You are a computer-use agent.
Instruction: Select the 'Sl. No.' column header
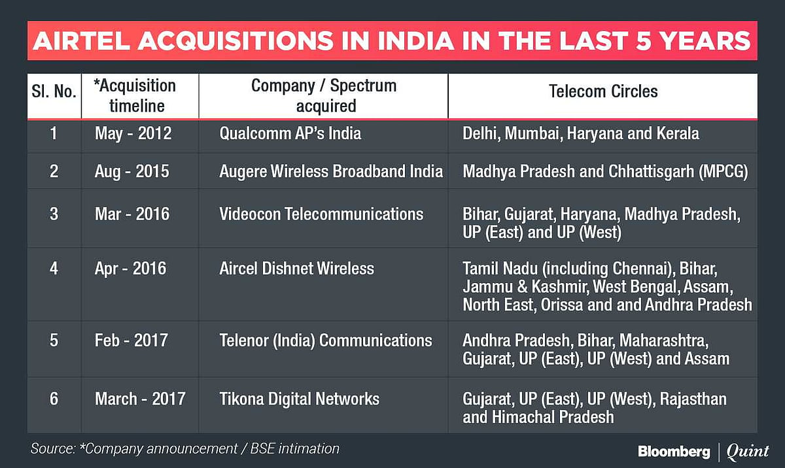pyautogui.click(x=54, y=92)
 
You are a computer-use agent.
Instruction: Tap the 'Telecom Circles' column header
pyautogui.click(x=603, y=91)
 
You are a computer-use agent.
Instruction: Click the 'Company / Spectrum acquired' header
pyautogui.click(x=324, y=95)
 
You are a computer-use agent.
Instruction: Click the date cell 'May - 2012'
pyautogui.click(x=133, y=133)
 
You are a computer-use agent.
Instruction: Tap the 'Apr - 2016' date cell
pyautogui.click(x=130, y=268)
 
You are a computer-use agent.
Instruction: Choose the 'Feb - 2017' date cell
pyautogui.click(x=131, y=340)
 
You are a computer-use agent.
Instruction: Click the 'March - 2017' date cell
pyautogui.click(x=139, y=398)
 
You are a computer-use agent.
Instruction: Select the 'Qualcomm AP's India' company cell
pyautogui.click(x=290, y=133)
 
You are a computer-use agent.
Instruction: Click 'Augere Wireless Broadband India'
pyautogui.click(x=331, y=171)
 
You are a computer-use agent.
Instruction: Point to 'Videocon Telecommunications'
pyautogui.click(x=321, y=214)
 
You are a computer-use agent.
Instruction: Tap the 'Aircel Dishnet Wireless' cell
pyautogui.click(x=296, y=268)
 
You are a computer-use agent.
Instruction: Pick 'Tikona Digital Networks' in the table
pyautogui.click(x=299, y=398)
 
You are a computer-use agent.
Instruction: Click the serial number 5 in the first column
pyautogui.click(x=54, y=340)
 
